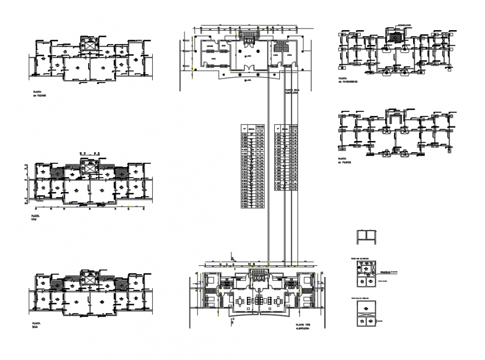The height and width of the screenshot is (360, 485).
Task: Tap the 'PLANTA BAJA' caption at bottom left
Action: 38,325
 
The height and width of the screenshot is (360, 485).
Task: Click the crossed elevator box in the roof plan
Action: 88,44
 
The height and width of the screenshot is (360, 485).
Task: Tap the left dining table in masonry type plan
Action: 240,301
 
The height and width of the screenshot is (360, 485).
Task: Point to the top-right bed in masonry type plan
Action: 305,281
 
